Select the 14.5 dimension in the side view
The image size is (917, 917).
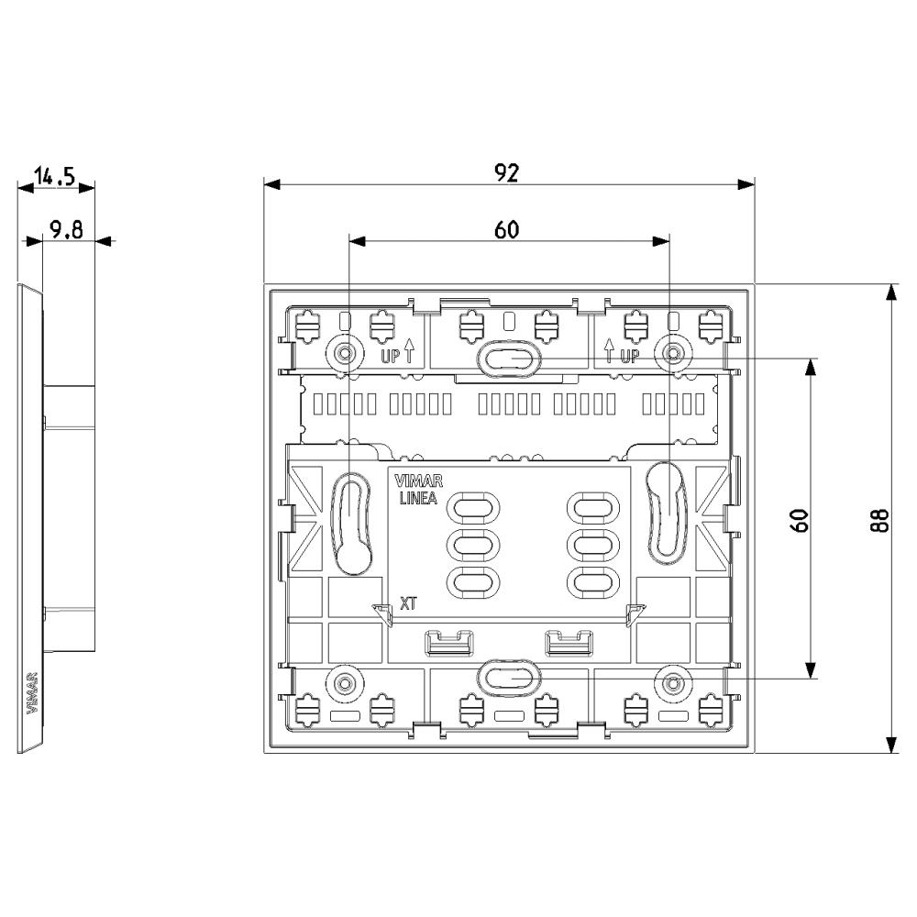tap(55, 176)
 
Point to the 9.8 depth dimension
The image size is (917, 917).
tap(66, 229)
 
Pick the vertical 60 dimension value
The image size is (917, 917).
tap(800, 521)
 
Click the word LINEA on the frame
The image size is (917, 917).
tap(417, 499)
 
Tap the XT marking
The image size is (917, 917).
tap(408, 603)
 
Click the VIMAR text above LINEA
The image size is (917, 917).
tap(419, 482)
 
